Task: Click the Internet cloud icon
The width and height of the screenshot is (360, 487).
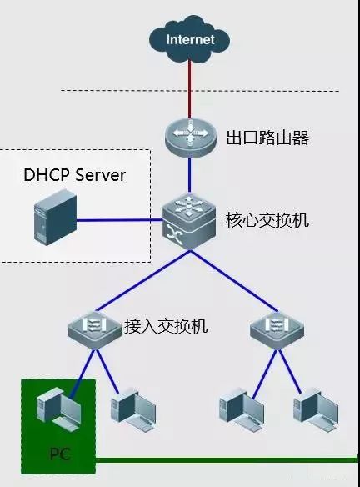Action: point(189,39)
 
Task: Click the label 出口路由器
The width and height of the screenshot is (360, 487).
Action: point(267,138)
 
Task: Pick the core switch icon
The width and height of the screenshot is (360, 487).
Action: point(189,220)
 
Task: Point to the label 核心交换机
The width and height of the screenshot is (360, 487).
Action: point(267,221)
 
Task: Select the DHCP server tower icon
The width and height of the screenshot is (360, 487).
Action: point(49,221)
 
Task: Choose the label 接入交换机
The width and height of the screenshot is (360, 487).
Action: point(166,325)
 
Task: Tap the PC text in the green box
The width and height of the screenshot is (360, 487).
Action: point(59,456)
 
